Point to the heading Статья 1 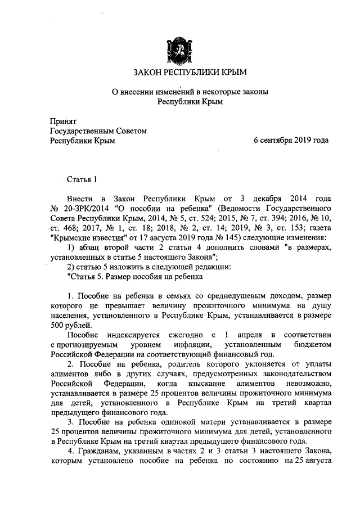[82, 179]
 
